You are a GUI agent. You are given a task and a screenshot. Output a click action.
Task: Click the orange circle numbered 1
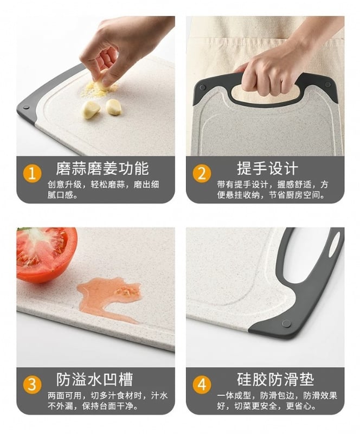[33, 174]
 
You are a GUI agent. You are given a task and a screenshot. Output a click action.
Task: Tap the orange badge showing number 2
[202, 174]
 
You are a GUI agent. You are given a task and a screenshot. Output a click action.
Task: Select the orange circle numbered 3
[33, 385]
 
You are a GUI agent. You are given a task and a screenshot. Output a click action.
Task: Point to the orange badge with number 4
[202, 385]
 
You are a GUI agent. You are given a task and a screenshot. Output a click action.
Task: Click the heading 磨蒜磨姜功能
[102, 168]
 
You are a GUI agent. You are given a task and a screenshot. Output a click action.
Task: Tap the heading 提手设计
[268, 168]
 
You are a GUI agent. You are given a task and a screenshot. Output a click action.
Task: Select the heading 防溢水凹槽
[95, 379]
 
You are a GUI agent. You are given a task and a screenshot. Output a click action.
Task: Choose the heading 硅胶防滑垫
[275, 379]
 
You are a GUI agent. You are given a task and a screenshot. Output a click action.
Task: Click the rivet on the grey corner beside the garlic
[26, 107]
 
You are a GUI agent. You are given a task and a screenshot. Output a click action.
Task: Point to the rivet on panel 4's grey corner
[286, 323]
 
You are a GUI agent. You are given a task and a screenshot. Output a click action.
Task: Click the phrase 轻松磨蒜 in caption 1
[108, 184]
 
